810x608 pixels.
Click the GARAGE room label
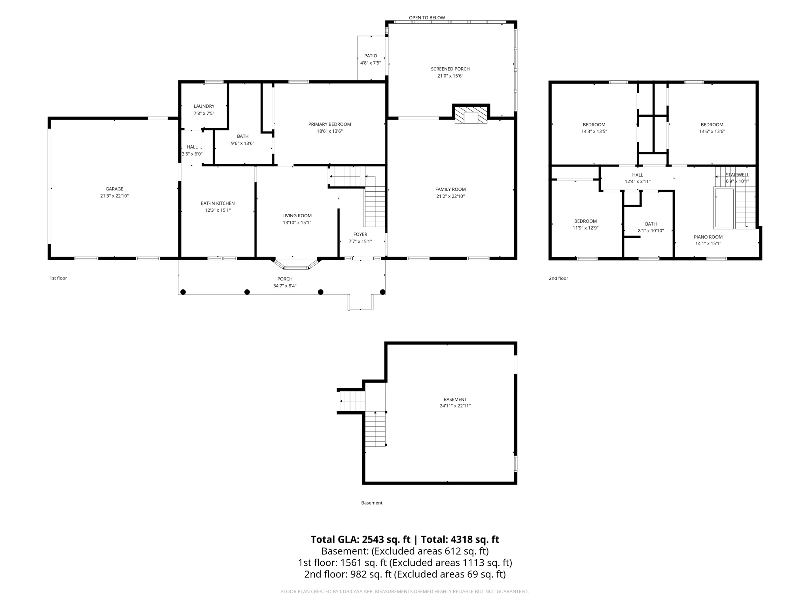114,189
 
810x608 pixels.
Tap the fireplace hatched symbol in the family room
471,115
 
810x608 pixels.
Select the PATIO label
371,56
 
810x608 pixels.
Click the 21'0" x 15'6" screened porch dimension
450,76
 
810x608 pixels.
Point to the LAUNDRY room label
204,106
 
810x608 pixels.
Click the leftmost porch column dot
183,292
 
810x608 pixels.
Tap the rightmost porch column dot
382,292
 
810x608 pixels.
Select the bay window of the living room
297,265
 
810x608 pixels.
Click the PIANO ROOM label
708,237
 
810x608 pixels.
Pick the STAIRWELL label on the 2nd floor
737,175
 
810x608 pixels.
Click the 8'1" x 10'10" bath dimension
651,231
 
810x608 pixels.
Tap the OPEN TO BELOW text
427,17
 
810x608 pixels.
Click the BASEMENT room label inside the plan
455,399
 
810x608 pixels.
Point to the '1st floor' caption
58,278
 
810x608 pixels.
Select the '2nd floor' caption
558,278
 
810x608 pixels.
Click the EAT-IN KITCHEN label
218,203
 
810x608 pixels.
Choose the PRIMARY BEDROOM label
329,124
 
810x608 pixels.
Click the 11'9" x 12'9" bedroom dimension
585,228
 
